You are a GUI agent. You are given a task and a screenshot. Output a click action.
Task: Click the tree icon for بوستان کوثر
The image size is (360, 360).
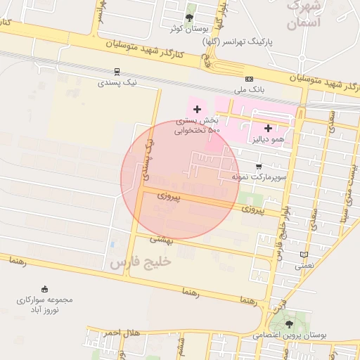coord(189,18)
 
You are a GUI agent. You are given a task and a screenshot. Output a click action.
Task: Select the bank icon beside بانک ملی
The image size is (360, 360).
coord(249,79)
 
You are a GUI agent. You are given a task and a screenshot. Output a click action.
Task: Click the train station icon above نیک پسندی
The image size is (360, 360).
coord(117,71)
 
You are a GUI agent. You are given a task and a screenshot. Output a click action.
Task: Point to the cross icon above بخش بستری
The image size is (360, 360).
coord(197,109)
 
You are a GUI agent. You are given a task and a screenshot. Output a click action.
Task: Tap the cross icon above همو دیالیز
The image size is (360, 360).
coord(268,128)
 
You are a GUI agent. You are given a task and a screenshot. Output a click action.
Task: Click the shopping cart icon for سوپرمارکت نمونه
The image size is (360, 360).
coord(259,167)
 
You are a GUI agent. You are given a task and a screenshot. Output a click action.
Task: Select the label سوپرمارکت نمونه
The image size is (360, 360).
coord(259,177)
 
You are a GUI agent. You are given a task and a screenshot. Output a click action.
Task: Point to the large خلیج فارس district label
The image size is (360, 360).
coord(140,262)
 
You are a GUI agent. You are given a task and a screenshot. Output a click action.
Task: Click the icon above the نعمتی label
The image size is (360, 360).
coord(304,255)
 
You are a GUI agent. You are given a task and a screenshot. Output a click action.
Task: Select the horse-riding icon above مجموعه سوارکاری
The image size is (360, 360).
coord(45,289)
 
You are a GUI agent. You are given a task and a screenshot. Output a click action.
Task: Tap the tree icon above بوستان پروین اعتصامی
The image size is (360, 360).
coord(289,324)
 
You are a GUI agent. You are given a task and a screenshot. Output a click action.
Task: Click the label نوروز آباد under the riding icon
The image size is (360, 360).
coord(40,310)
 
